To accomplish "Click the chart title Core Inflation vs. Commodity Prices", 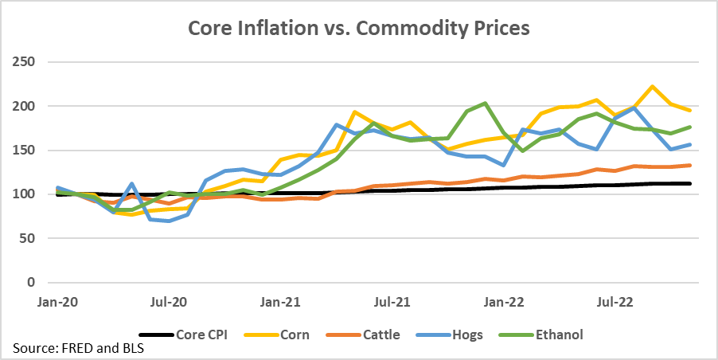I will coord(358,28).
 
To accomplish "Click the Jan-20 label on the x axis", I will coord(57,303).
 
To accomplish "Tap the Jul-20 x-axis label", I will coord(169,303).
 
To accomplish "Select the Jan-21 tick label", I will coord(281,303).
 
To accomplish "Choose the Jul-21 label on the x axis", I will coord(392,303).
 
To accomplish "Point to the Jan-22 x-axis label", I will coord(504,303).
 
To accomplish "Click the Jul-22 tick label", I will coord(615,303).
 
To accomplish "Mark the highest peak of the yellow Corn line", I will coord(653,87).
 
